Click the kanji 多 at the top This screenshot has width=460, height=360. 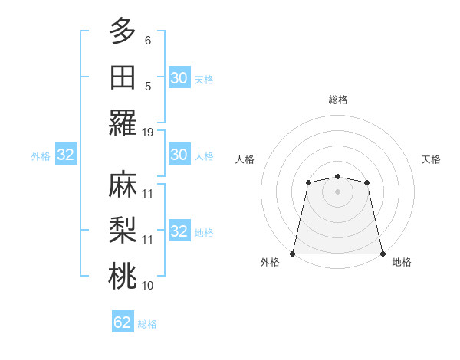122,31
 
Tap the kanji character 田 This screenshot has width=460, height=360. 122,77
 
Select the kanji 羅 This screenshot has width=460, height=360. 122,123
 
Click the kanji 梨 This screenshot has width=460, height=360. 122,231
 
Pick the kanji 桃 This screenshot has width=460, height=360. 122,277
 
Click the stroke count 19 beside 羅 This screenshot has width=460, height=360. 148,132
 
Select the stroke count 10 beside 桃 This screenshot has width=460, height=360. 148,286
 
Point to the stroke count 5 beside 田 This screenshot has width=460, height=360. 148,87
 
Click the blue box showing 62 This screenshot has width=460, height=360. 123,322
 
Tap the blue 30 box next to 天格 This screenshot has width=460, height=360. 179,77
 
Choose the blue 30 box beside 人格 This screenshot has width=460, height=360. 179,155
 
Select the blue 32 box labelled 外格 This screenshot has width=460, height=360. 66,155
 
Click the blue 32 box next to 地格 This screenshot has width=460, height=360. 179,231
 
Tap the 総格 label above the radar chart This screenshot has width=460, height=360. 338,100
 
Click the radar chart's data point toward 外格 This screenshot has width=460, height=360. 293,254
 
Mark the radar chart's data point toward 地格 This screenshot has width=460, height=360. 383,254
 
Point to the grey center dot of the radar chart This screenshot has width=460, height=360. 337,191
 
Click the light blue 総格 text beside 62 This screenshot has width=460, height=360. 147,323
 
